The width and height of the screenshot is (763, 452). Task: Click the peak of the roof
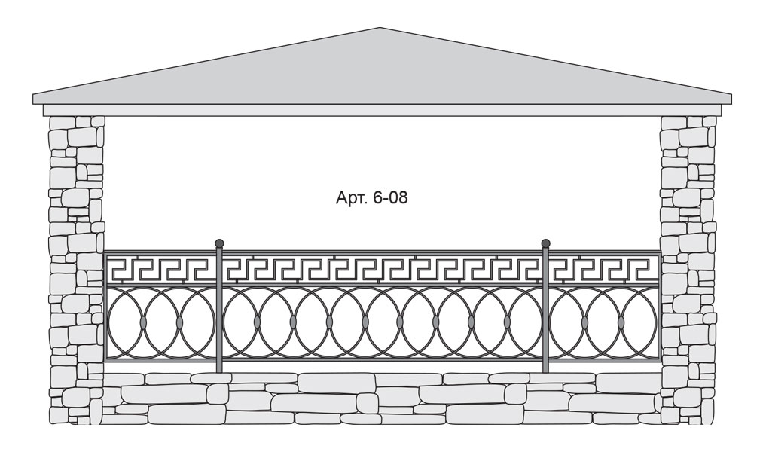point(380,28)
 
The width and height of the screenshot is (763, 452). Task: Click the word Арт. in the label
point(350,198)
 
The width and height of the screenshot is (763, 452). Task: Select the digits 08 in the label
point(398,197)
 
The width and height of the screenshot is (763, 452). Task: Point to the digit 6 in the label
point(377,197)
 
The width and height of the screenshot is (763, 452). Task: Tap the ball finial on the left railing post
point(219,243)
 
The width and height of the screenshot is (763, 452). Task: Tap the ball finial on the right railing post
point(546,243)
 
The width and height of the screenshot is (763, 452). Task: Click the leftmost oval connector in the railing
point(143,322)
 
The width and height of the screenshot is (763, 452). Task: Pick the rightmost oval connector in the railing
point(621,322)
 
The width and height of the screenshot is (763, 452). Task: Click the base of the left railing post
point(219,370)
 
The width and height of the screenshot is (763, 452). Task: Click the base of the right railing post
point(546,370)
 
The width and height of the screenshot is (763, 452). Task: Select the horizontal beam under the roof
point(380,111)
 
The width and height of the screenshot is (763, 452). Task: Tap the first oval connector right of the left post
point(257,322)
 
